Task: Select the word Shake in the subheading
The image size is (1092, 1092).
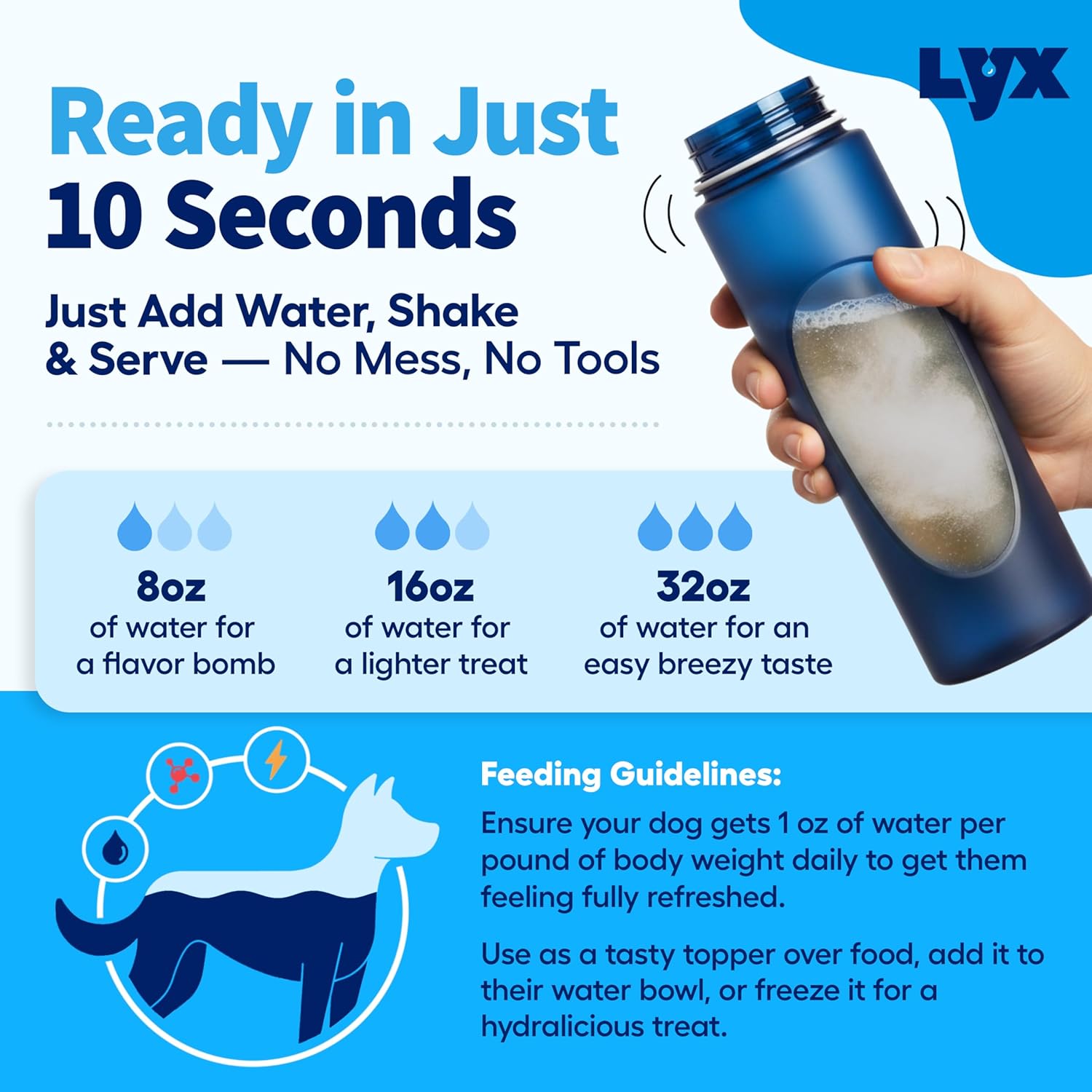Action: tap(452, 312)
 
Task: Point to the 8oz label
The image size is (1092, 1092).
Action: tap(171, 587)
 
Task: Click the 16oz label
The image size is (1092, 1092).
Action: tap(430, 587)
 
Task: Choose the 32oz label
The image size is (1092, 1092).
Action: tap(703, 587)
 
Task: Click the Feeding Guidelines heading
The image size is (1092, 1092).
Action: tap(630, 775)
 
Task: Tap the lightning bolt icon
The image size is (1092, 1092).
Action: tap(276, 761)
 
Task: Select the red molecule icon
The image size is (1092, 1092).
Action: tap(180, 775)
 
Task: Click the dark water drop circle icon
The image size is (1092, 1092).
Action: tap(115, 848)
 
